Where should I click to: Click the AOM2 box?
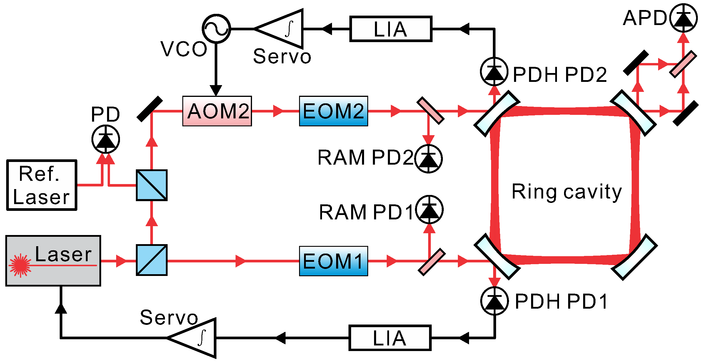click(x=217, y=111)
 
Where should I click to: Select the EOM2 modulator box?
click(x=333, y=111)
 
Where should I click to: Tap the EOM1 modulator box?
click(x=333, y=261)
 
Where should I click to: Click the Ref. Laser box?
click(x=42, y=185)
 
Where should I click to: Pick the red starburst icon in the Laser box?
click(x=20, y=266)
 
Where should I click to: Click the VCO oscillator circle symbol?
click(x=216, y=29)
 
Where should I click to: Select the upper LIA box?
click(x=391, y=29)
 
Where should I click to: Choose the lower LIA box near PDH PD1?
click(x=390, y=338)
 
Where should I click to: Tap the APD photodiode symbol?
click(x=683, y=18)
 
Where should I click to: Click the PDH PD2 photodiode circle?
click(x=494, y=72)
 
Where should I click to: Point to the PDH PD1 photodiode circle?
click(x=495, y=301)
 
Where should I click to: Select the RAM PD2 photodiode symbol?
click(x=428, y=159)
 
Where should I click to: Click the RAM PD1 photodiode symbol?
click(x=429, y=209)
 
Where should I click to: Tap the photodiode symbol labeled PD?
click(x=106, y=139)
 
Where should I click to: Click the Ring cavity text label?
click(x=567, y=192)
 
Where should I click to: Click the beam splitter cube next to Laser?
click(x=152, y=260)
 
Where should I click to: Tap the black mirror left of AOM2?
click(x=150, y=109)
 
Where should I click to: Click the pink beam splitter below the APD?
click(x=683, y=64)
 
